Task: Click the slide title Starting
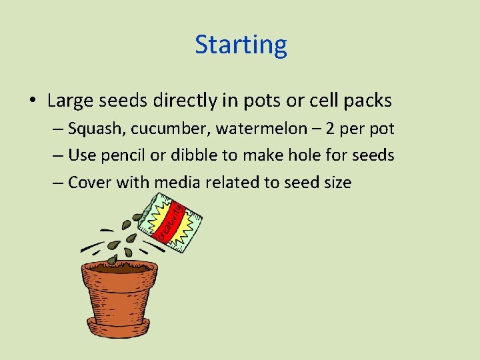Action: click(241, 45)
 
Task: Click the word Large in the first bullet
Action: click(72, 101)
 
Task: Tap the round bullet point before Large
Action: click(33, 101)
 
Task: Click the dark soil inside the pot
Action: click(120, 265)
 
